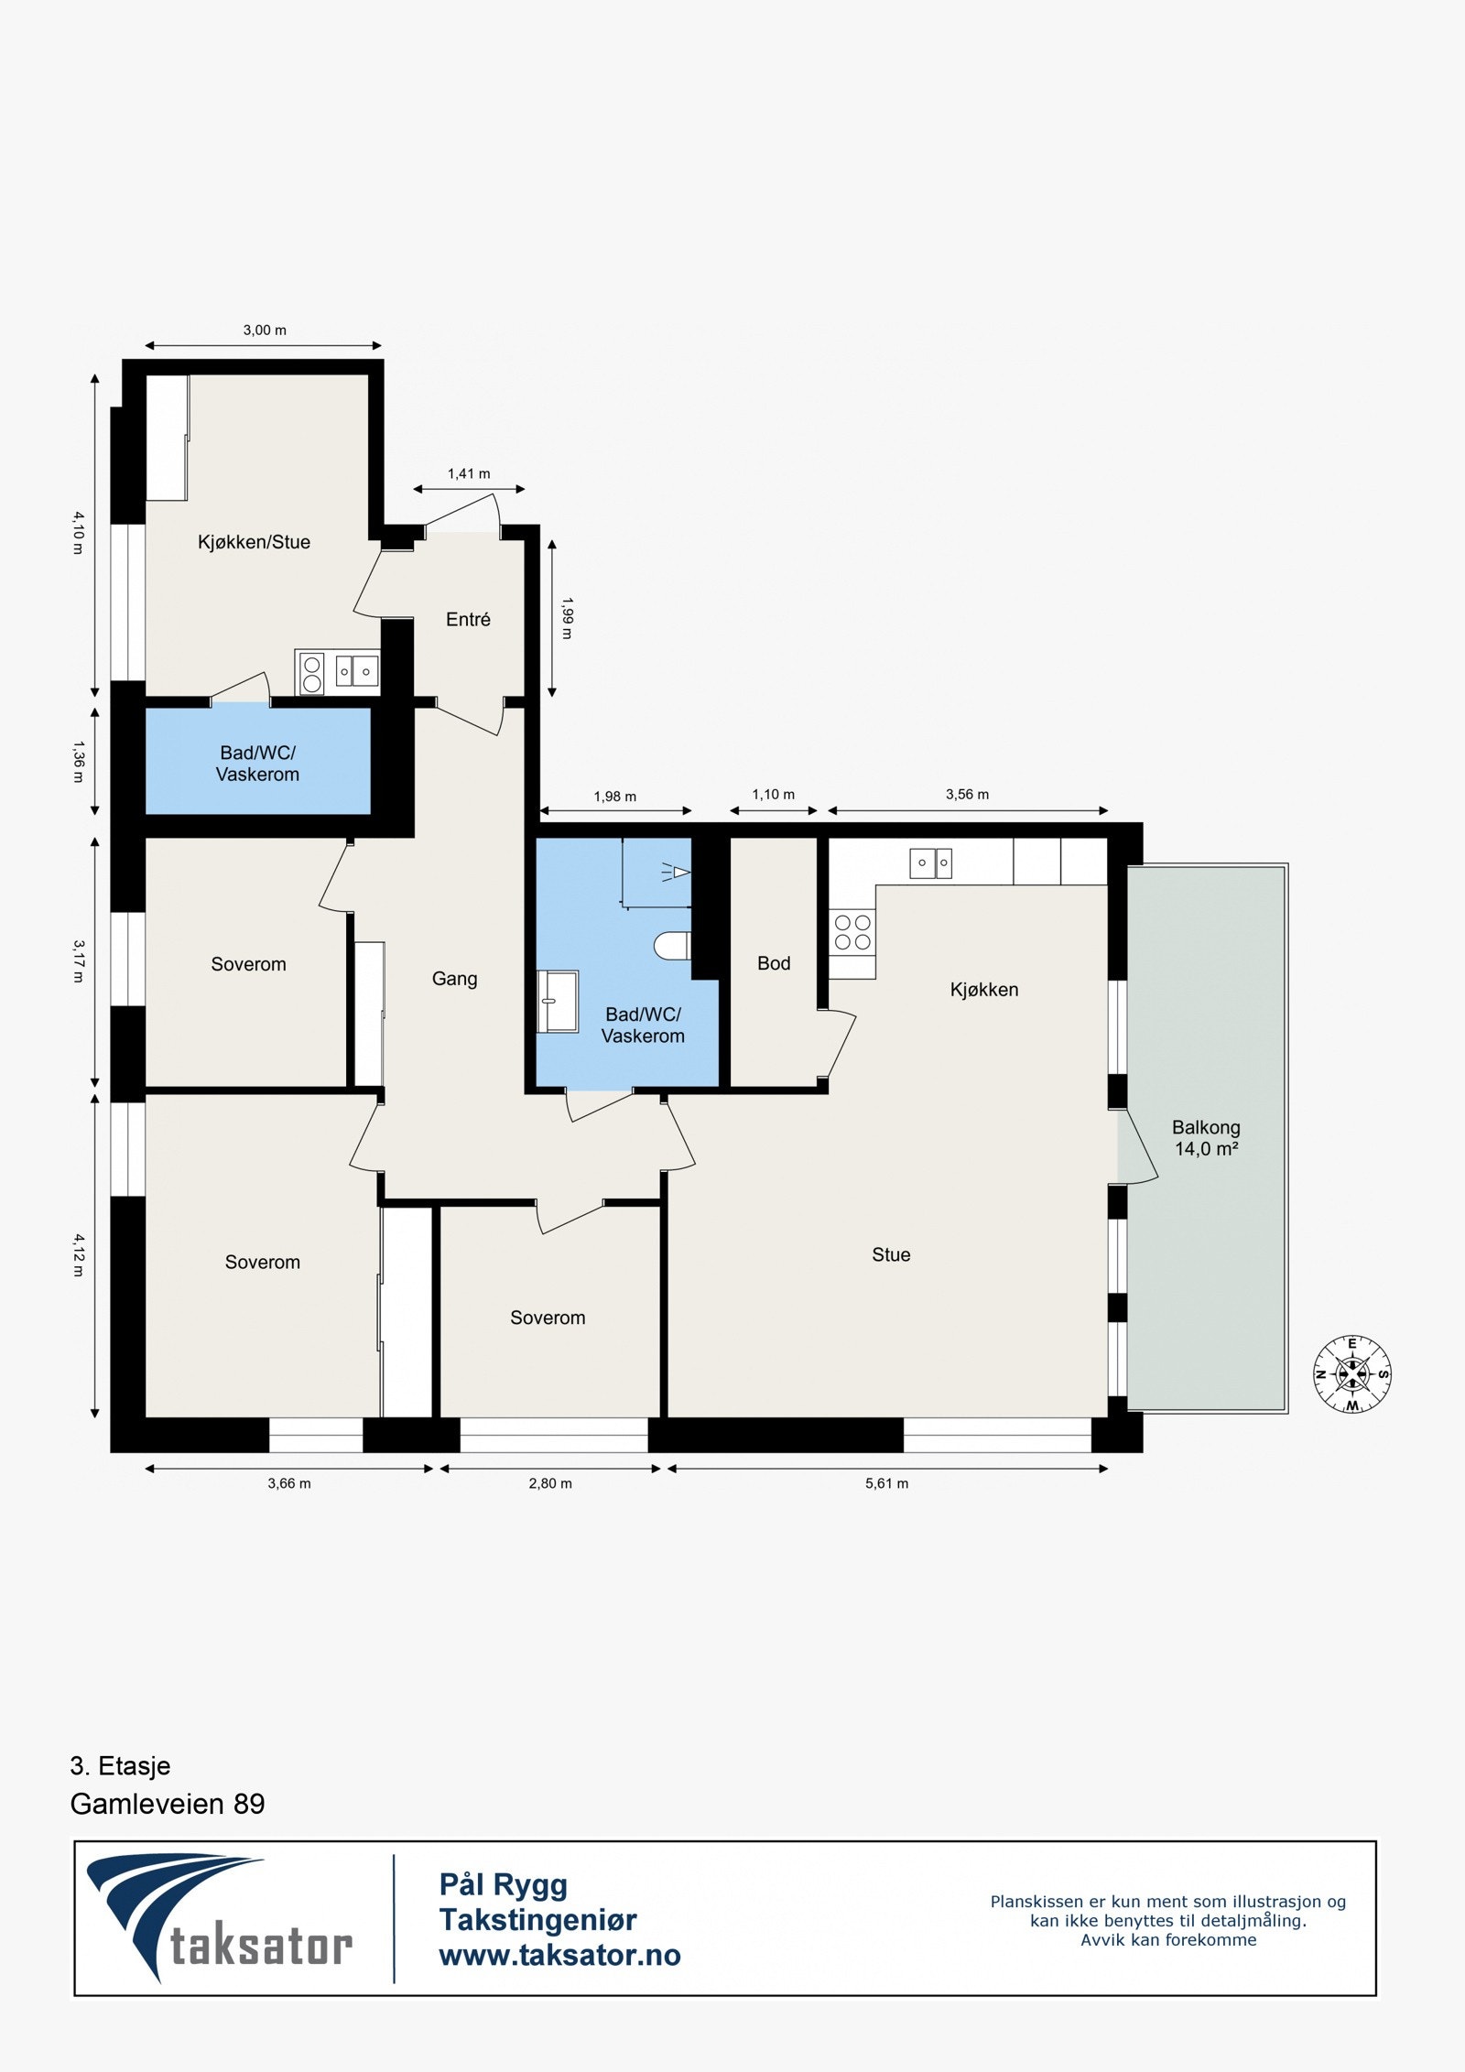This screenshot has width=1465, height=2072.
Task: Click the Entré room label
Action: pos(468,620)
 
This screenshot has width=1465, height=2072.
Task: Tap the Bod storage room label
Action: pos(774,963)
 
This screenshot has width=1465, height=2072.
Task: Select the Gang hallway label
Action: pos(454,979)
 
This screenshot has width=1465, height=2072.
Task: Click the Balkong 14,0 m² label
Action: pos(1206,1138)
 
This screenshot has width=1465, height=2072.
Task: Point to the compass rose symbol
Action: pos(1352,1373)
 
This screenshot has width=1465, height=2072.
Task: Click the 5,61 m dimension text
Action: pos(886,1483)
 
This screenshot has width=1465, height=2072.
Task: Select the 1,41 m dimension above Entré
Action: pos(469,473)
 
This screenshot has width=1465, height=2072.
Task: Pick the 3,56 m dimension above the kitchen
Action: pos(967,795)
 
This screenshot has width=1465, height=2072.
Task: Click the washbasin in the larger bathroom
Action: pos(559,1002)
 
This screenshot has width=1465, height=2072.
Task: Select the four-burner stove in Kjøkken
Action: pos(852,932)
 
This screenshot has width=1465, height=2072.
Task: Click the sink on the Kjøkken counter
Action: pos(930,862)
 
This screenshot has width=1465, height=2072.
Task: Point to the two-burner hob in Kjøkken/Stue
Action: pos(311,673)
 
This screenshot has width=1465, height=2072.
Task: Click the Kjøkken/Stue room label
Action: pos(254,542)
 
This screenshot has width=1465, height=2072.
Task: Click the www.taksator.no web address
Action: pos(559,1955)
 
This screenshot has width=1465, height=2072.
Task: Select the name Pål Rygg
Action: pos(503,1884)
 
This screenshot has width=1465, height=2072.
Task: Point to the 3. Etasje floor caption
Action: pos(120,1765)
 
